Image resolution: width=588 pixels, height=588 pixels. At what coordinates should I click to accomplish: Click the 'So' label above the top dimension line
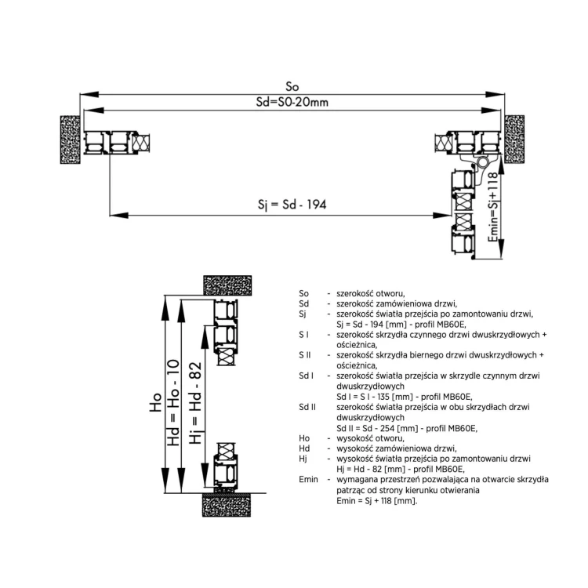click(292, 86)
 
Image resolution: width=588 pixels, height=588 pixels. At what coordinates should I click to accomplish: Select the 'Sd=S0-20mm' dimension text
click(292, 102)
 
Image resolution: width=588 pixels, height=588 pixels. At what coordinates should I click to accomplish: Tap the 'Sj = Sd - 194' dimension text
click(292, 205)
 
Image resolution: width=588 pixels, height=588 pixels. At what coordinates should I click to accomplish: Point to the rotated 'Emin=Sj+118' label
click(493, 207)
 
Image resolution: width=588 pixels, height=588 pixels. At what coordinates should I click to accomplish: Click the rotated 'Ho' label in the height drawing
click(155, 402)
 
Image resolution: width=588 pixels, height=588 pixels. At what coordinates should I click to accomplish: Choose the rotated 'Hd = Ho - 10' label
click(173, 403)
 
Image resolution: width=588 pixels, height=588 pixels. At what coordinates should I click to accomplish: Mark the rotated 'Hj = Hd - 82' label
click(195, 403)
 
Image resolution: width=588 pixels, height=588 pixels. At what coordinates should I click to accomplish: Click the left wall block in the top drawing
click(70, 140)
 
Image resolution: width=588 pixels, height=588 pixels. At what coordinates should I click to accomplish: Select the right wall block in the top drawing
click(514, 139)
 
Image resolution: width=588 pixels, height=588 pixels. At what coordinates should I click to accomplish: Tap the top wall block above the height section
click(227, 285)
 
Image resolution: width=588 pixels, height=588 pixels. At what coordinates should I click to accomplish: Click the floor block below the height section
click(227, 505)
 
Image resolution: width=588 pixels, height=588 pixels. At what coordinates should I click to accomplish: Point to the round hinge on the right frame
click(483, 162)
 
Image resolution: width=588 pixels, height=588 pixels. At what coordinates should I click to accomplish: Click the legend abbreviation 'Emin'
click(308, 479)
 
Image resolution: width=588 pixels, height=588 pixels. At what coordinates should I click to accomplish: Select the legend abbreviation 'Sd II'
click(307, 407)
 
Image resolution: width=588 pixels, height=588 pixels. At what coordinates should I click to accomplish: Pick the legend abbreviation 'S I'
click(303, 335)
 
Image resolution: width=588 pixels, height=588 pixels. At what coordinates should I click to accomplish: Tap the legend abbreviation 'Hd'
click(304, 448)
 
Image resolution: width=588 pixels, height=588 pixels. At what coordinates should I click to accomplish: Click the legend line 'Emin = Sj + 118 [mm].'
click(377, 501)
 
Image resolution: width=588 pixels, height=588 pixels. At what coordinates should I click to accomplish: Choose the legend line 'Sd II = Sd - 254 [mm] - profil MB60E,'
click(407, 428)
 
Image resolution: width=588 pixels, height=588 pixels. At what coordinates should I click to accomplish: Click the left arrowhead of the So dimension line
click(89, 95)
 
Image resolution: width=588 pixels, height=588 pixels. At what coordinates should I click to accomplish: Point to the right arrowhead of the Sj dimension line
click(441, 216)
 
